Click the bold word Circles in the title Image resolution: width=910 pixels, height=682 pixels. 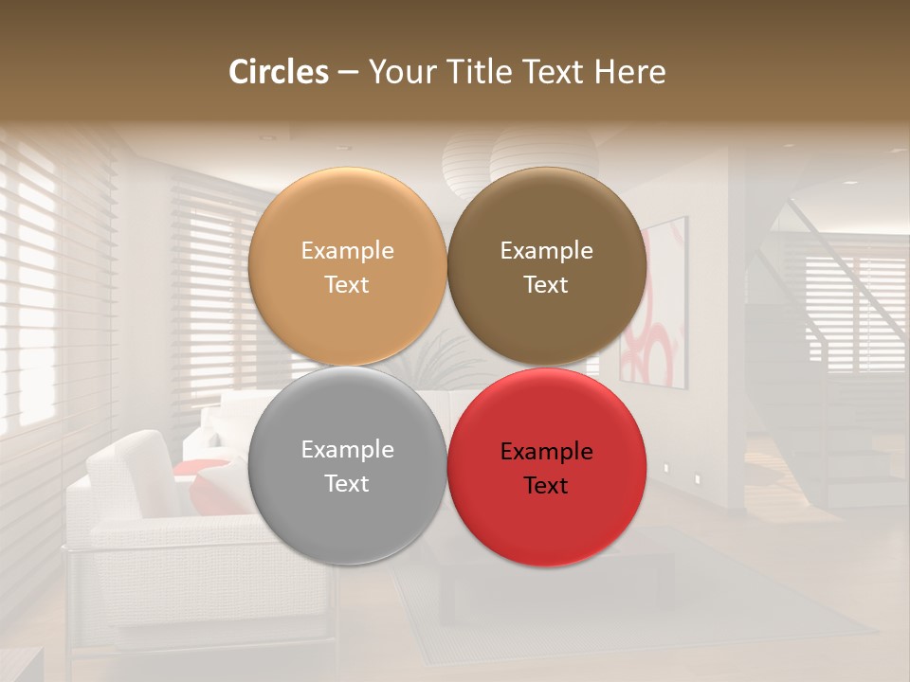tap(279, 72)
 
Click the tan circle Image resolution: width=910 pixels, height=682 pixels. tap(347, 266)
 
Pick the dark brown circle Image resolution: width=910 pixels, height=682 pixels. tap(547, 266)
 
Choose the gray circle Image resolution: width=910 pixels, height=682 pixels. tap(347, 466)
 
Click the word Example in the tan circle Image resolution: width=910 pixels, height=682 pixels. tap(347, 250)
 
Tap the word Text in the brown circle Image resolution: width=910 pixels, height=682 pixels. tap(546, 284)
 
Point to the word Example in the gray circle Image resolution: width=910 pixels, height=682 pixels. tap(347, 449)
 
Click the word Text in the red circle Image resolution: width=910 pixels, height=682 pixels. tap(546, 485)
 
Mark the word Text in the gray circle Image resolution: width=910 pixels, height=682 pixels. tap(347, 483)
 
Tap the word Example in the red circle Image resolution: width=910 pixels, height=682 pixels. tap(546, 451)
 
